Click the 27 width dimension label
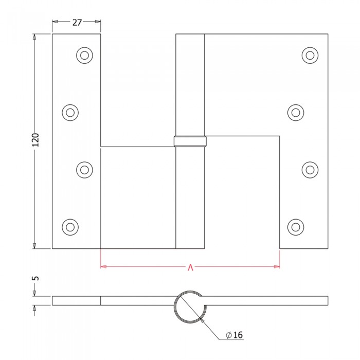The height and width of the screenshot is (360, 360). [x=77, y=23]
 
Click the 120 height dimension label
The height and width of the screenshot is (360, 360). [x=35, y=140]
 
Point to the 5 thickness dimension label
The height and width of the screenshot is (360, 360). [x=36, y=279]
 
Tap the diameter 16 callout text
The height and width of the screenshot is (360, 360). [x=234, y=335]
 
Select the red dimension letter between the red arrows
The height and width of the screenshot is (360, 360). [x=190, y=267]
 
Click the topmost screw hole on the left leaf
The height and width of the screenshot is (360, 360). [x=84, y=56]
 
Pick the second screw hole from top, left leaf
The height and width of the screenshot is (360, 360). [x=70, y=113]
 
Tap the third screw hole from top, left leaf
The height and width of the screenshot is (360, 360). [x=84, y=170]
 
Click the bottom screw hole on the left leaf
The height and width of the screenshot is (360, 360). [x=70, y=227]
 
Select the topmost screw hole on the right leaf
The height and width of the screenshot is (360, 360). [x=310, y=56]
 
